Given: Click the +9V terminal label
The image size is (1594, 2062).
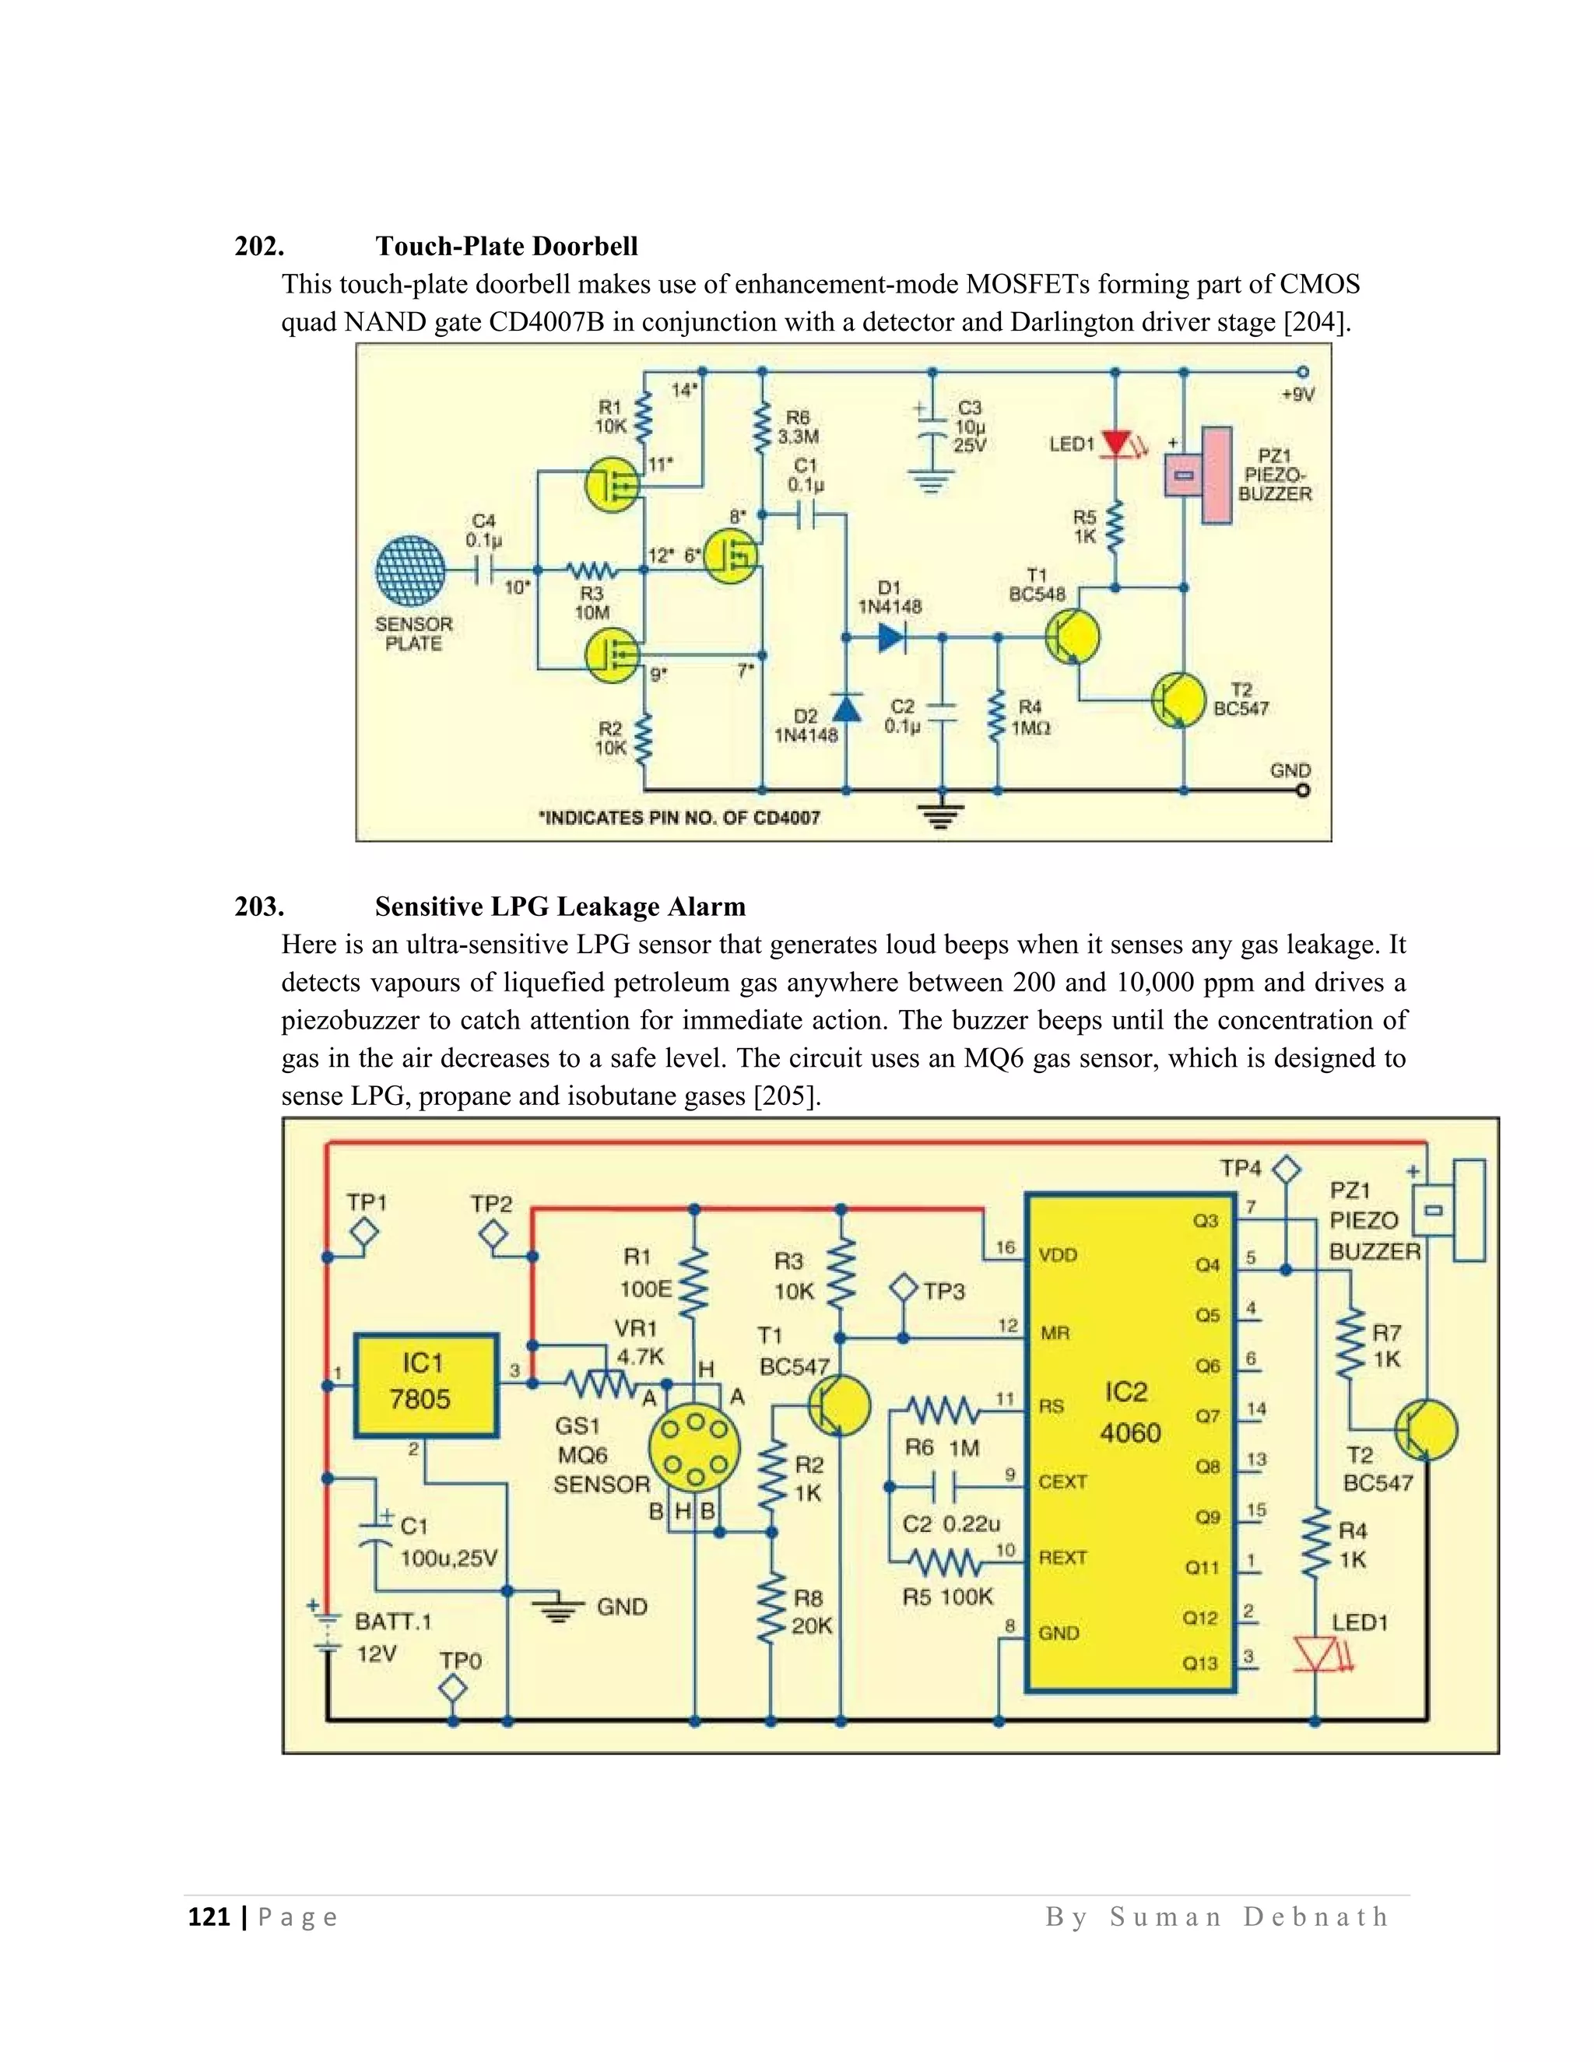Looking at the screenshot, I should (1297, 395).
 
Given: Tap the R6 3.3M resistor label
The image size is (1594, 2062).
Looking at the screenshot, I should (798, 426).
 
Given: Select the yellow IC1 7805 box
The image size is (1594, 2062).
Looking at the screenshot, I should (425, 1385).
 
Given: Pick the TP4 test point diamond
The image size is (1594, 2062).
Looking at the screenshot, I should (1285, 1169).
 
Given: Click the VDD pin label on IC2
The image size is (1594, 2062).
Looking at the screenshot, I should (1058, 1255).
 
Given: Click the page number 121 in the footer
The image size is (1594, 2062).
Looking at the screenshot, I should (209, 1916).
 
